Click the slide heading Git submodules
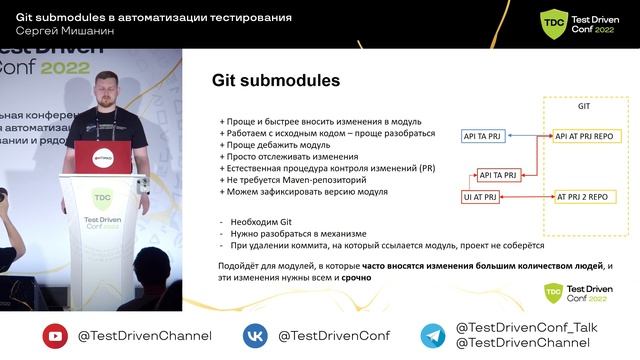277,79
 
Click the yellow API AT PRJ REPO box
591,135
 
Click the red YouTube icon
55,336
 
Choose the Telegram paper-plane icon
432,336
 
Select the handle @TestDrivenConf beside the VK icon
333,336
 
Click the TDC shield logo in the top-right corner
553,23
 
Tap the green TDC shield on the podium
101,198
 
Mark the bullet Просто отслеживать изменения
288,157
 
